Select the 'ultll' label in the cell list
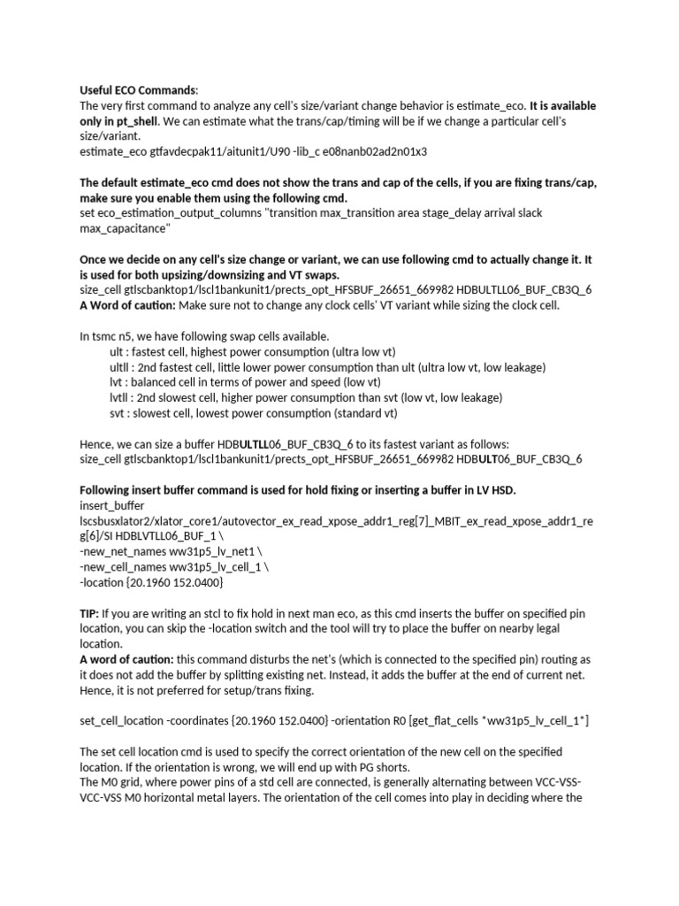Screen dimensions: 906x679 (x=118, y=366)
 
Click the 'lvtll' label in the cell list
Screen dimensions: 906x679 (x=119, y=397)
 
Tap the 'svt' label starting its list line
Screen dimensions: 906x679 (x=117, y=412)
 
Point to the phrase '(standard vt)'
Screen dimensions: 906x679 (x=364, y=412)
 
